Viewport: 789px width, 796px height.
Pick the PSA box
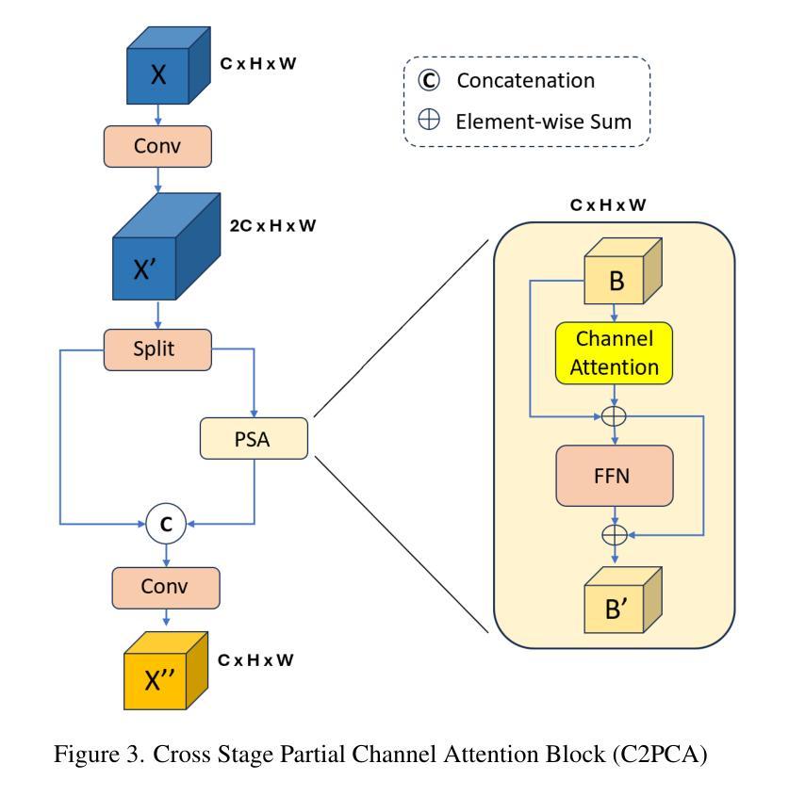[x=254, y=437]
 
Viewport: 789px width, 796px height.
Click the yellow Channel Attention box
[x=616, y=352]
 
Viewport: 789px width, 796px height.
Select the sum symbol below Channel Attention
[x=616, y=414]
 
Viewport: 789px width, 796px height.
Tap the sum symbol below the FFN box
[x=616, y=533]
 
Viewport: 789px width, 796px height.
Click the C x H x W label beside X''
[x=255, y=659]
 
